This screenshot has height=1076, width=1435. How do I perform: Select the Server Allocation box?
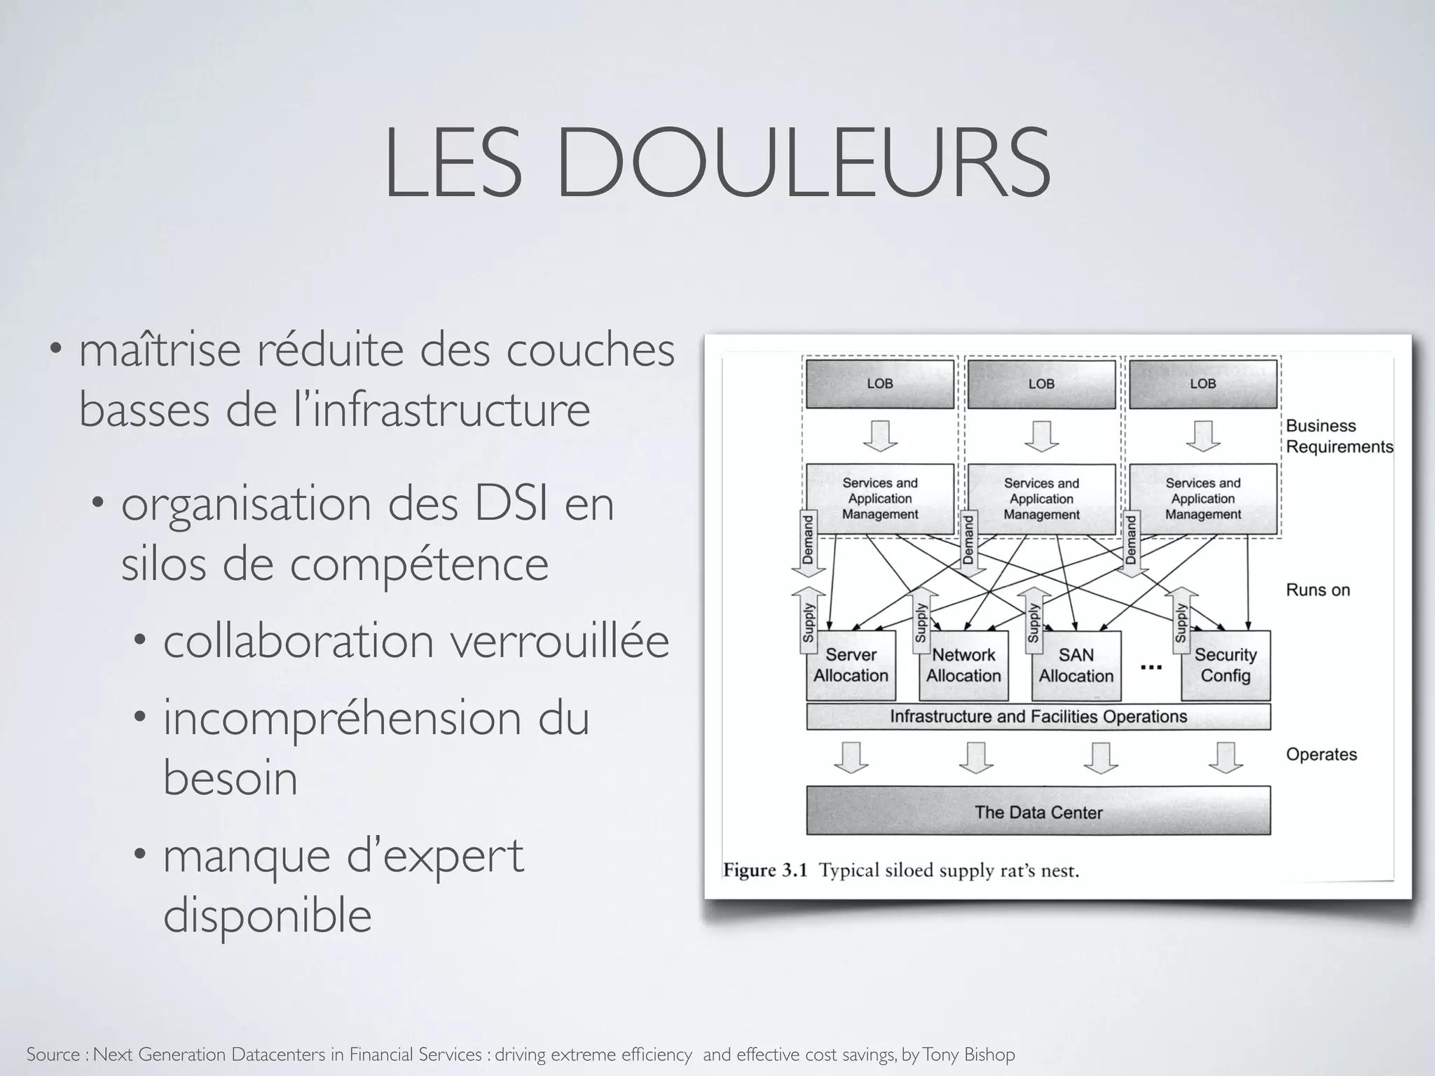(x=851, y=665)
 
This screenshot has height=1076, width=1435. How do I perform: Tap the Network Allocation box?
(x=963, y=665)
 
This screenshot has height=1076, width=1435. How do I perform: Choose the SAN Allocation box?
(x=1076, y=665)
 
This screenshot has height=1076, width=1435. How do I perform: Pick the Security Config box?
(x=1225, y=665)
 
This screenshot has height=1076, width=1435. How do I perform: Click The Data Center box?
(x=1038, y=812)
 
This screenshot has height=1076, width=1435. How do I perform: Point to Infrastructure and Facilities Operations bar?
(x=1038, y=717)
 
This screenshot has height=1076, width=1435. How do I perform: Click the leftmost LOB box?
(x=879, y=384)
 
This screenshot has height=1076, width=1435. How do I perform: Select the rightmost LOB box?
(x=1202, y=384)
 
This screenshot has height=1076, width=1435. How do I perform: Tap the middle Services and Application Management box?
(x=1041, y=499)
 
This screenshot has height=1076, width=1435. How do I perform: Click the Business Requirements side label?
(x=1338, y=436)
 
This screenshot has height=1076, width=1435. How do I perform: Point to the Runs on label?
(x=1317, y=590)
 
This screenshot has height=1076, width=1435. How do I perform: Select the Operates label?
(x=1321, y=754)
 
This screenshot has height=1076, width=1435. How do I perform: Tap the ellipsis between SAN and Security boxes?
(x=1151, y=667)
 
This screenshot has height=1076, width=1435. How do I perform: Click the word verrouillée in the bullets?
(x=558, y=641)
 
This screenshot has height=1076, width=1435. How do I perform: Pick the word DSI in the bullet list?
(x=511, y=504)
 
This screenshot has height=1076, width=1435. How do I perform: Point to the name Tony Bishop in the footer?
(x=968, y=1054)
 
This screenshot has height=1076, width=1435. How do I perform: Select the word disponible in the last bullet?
(x=267, y=915)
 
